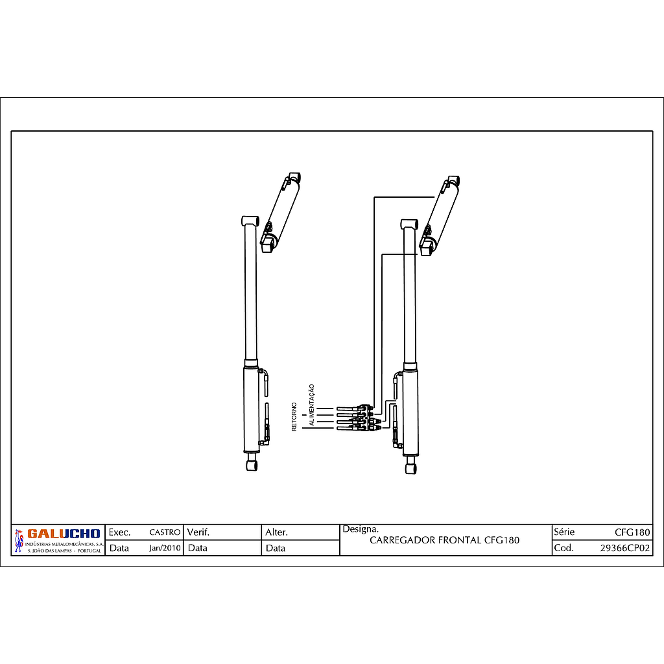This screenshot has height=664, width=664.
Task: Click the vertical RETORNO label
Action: click(294, 417)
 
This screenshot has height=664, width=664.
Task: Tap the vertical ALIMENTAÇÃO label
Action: click(311, 405)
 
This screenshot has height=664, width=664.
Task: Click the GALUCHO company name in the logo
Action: click(64, 534)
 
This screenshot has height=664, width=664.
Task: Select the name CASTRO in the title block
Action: click(165, 532)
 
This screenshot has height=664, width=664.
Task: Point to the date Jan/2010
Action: click(165, 548)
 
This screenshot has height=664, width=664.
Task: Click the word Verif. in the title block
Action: click(198, 532)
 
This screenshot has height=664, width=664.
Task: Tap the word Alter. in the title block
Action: click(276, 532)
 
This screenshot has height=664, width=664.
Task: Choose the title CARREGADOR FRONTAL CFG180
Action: click(444, 540)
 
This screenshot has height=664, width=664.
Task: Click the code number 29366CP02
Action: click(625, 548)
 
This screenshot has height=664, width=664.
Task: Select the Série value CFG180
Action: click(632, 532)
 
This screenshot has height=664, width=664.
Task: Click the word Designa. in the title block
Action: click(361, 529)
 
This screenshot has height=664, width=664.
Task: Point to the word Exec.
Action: click(119, 532)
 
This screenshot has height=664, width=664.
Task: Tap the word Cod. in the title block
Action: click(563, 548)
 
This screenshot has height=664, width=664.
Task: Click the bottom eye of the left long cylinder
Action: click(252, 464)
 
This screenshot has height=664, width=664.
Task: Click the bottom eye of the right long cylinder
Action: click(410, 467)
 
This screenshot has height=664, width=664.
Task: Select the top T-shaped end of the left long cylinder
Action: click(250, 221)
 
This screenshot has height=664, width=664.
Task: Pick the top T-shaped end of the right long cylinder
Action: click(409, 224)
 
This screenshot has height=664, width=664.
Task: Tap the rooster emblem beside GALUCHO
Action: click(18, 541)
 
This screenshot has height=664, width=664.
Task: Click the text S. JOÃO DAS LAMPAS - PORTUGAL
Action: click(64, 551)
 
